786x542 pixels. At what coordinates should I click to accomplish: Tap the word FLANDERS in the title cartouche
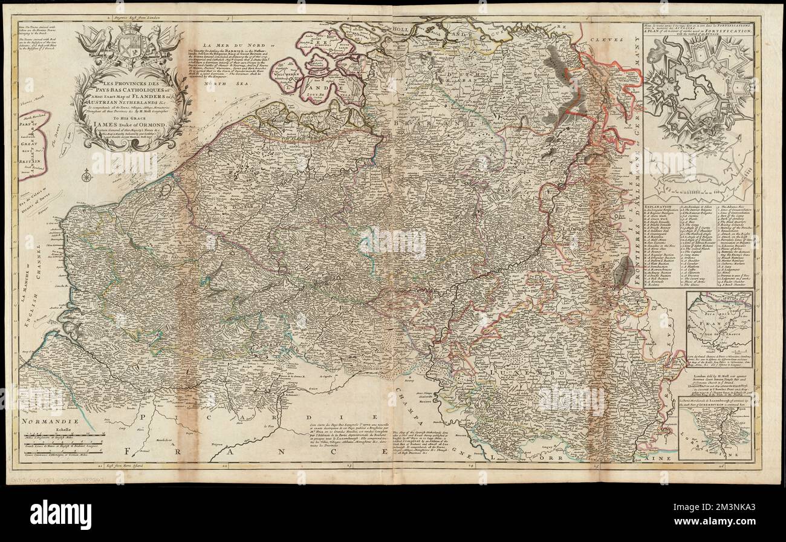154,94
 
